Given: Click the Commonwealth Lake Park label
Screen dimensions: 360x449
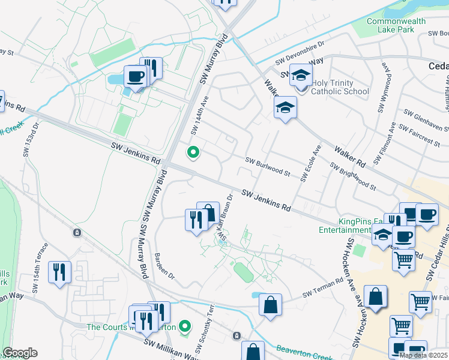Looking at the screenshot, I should (x=396, y=25).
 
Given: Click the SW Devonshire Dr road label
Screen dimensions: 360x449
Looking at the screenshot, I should (x=300, y=53).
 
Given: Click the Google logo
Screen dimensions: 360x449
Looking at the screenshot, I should (x=20, y=352).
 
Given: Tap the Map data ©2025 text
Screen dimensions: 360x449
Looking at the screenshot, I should (x=423, y=355).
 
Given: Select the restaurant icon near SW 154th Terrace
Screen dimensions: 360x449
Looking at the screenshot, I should (x=59, y=272).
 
